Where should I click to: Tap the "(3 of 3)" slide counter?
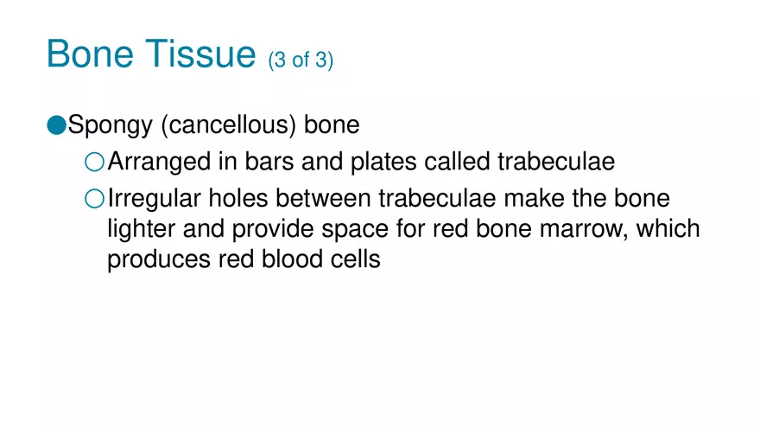tap(301, 62)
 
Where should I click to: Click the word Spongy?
tap(110, 126)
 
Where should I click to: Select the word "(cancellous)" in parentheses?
tap(230, 126)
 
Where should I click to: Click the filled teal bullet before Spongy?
tap(56, 125)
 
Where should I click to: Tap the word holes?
tap(244, 199)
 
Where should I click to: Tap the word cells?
tap(358, 259)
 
